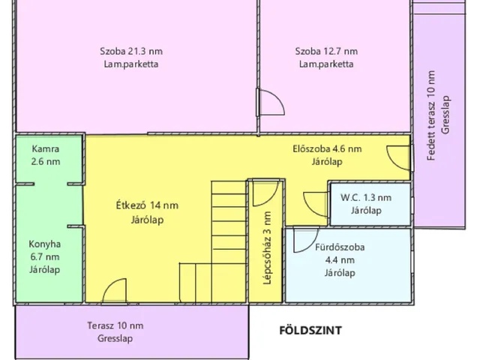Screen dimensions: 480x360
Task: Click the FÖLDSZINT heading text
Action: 310,330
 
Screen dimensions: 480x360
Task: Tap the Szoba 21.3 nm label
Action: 131,51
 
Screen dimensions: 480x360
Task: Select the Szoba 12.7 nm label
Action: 326,51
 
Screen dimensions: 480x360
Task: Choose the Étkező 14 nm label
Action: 147,205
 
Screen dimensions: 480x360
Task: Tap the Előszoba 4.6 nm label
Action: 327,148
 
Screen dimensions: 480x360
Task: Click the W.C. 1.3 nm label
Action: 366,197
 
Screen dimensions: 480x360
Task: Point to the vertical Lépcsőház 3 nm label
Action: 267,248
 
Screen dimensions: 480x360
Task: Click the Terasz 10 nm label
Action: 115,325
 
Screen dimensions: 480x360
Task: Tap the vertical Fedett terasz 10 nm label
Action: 431,115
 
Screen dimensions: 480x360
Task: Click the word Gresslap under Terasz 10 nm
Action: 115,338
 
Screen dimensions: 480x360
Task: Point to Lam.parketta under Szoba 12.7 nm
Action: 326,64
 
